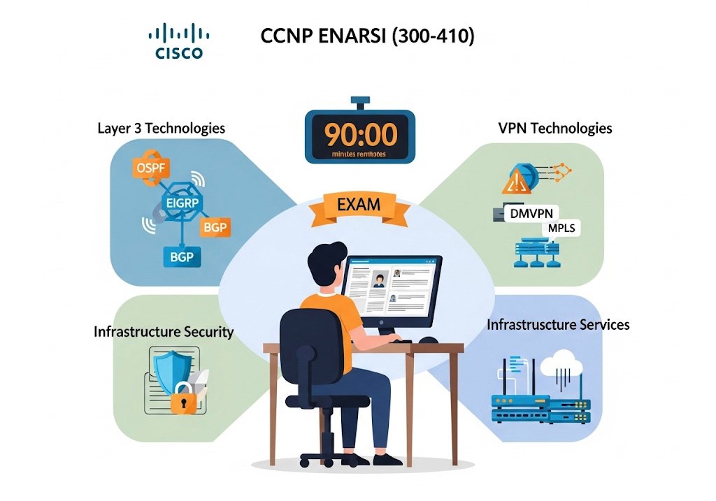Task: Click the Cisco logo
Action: [179, 41]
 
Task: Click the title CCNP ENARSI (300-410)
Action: [367, 36]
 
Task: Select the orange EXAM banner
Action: [359, 205]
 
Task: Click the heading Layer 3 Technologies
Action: [162, 128]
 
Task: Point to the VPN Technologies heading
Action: [555, 128]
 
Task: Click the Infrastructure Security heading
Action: [164, 331]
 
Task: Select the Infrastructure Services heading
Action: [558, 325]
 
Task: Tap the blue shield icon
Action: [172, 370]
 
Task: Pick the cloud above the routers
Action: [561, 361]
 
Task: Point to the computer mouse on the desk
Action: [428, 340]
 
